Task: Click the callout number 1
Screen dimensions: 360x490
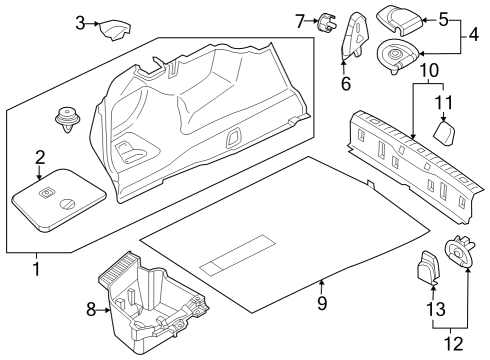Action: coord(38,268)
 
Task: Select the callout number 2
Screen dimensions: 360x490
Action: coord(40,156)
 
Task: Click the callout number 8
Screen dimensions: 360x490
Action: coord(91,311)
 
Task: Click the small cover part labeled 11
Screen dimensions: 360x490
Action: coord(445,132)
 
